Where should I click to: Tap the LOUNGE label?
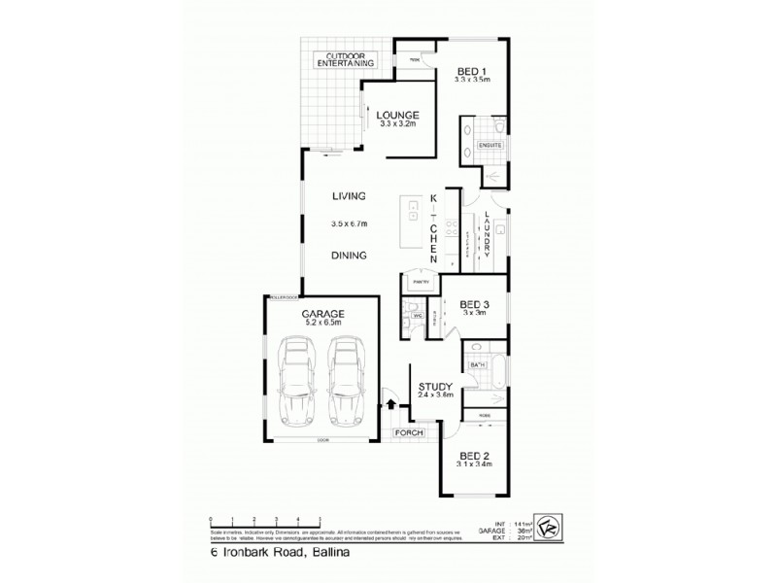pos(396,115)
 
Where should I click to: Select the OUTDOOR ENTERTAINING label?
pos(345,59)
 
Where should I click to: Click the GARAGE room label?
pos(323,314)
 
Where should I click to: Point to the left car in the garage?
pos(297,385)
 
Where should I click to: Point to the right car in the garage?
pos(345,385)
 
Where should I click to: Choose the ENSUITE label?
pos(490,145)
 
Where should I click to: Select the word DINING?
pos(348,257)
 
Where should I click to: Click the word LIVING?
pos(348,195)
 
